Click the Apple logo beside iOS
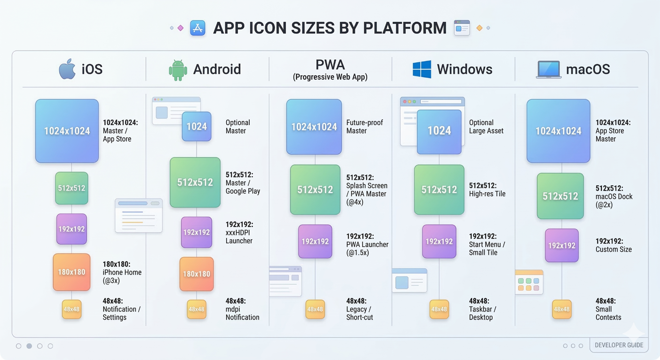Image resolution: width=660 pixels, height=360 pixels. [67, 69]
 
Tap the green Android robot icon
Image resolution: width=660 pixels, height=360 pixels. [178, 70]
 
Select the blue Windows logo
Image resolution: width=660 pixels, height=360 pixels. [422, 69]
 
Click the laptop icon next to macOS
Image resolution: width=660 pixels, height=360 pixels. [549, 69]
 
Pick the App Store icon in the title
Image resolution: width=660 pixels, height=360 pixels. [198, 28]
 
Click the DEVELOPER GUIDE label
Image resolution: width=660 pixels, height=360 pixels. [619, 345]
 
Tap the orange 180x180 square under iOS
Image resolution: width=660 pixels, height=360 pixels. [71, 272]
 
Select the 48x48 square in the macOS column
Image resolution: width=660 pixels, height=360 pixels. [562, 309]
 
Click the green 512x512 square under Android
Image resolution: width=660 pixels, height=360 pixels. [195, 182]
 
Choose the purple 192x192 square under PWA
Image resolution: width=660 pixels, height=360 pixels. [315, 241]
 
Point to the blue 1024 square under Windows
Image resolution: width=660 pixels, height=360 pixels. [439, 131]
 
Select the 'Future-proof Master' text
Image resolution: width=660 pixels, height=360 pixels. [364, 127]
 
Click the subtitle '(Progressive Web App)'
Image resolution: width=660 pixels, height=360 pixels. [330, 77]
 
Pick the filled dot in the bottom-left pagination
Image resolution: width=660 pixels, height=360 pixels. [29, 346]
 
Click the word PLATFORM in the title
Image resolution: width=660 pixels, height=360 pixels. [405, 28]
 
